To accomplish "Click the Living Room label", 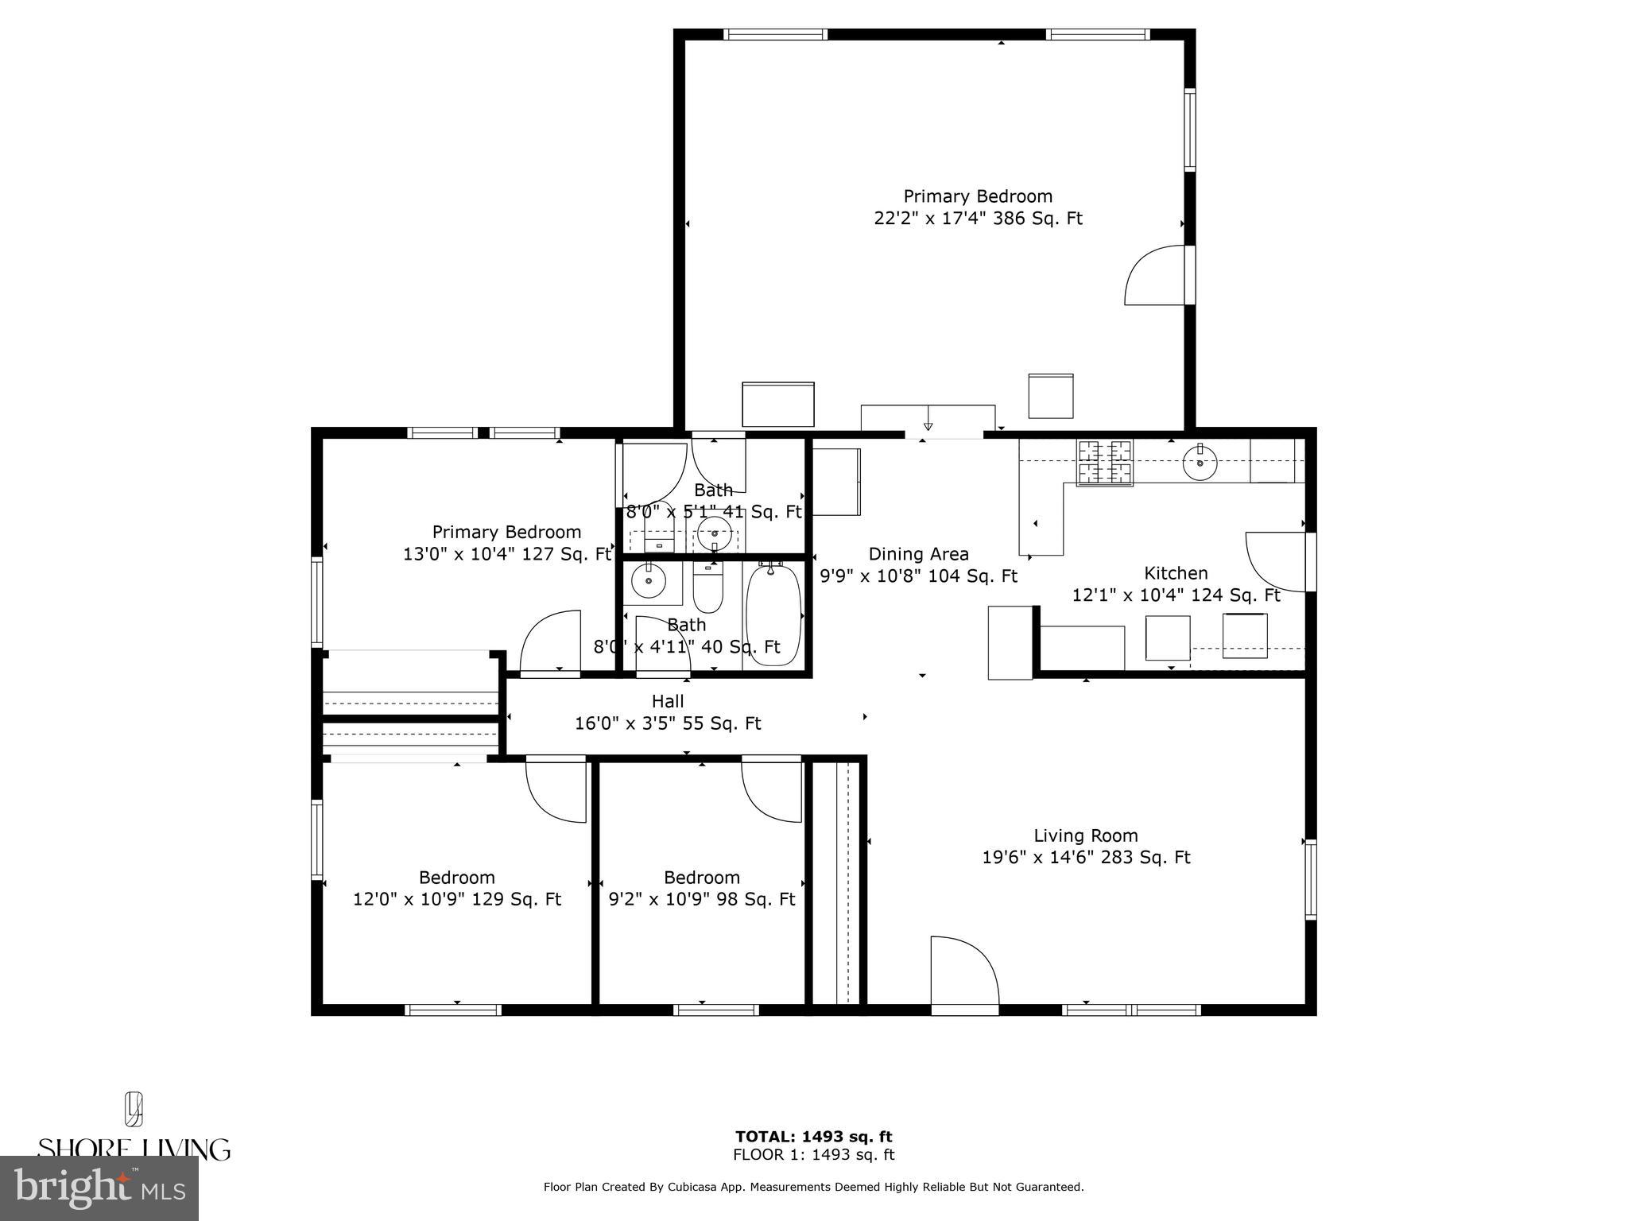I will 1085,835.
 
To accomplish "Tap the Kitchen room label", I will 1176,573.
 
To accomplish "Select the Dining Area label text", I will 918,554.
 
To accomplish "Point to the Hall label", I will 668,701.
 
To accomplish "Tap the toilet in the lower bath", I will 707,588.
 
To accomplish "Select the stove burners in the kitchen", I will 1104,462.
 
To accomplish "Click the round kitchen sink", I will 1200,463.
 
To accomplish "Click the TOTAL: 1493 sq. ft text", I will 813,1137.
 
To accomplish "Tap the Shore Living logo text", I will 134,1149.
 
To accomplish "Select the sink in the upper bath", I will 715,533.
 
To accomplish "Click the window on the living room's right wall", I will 1311,880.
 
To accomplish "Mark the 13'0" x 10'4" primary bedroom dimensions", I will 506,554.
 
